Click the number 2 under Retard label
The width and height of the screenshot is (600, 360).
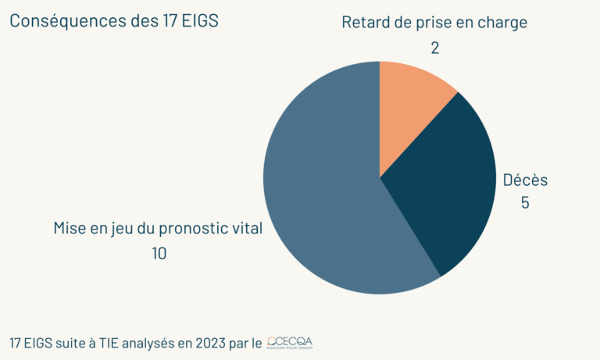click(434, 48)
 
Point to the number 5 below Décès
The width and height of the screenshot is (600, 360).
click(525, 203)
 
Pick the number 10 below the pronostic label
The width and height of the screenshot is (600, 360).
click(160, 254)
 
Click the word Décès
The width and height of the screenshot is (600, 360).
click(525, 180)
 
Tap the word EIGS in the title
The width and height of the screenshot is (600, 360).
click(201, 21)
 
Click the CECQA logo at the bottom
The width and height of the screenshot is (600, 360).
click(290, 343)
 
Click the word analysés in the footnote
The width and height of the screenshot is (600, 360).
click(145, 344)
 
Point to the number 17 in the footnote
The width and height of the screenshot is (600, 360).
click(16, 343)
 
